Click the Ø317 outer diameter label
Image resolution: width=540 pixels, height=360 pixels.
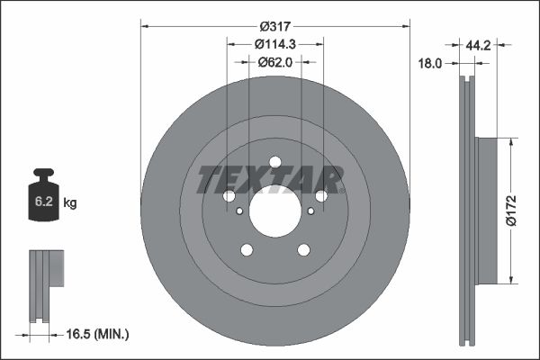(x=275, y=24)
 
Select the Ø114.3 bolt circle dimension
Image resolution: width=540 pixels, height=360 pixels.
(x=275, y=44)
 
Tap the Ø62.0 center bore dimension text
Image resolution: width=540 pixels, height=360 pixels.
(x=275, y=62)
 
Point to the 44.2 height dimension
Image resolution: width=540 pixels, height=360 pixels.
(x=478, y=43)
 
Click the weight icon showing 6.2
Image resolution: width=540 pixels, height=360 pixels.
(x=44, y=193)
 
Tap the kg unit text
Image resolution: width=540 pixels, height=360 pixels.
(x=70, y=203)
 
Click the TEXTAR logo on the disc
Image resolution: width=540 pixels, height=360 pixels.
(x=270, y=180)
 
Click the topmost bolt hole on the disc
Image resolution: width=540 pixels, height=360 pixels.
(x=275, y=163)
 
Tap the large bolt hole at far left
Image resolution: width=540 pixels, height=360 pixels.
(x=229, y=196)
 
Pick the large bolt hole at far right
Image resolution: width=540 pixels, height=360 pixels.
(x=322, y=196)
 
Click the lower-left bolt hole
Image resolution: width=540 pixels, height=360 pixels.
(x=247, y=250)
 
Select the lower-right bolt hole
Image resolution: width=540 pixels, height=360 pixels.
(x=304, y=250)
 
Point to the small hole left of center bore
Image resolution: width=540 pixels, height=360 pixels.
(x=239, y=211)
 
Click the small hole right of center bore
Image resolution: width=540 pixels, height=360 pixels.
(x=311, y=211)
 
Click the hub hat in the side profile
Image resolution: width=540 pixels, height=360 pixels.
(x=485, y=209)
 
